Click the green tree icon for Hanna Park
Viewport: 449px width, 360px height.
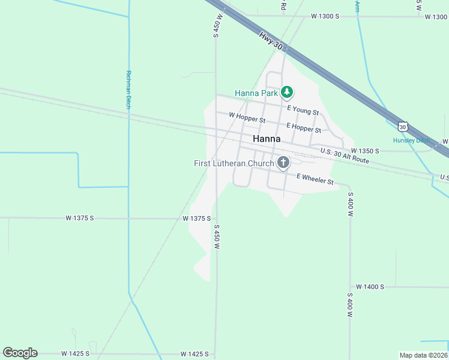coord(288,92)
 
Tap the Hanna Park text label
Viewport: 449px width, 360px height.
coord(256,93)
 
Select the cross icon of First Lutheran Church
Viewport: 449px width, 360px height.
coord(283,163)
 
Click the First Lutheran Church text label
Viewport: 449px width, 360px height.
coord(234,163)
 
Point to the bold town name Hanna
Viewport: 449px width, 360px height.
coord(267,139)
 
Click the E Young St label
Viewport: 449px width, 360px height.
coord(303,110)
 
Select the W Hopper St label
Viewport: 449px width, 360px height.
coord(247,118)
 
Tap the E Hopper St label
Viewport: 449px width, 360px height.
coord(304,127)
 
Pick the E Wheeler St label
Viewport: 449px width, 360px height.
coord(315,178)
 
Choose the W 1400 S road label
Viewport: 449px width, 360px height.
coord(370,287)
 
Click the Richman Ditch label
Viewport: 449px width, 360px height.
coord(128,90)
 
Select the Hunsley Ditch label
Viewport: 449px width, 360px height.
coord(412,140)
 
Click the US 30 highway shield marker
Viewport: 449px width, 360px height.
coord(403,127)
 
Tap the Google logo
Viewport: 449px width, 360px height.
coord(20,353)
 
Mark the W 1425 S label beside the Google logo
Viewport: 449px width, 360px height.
coord(74,354)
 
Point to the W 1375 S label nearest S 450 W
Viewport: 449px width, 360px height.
coord(197,218)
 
